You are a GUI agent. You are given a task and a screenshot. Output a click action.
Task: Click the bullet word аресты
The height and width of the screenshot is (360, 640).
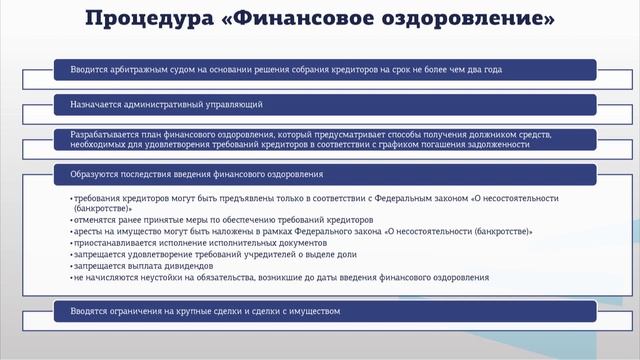pyautogui.click(x=88, y=232)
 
